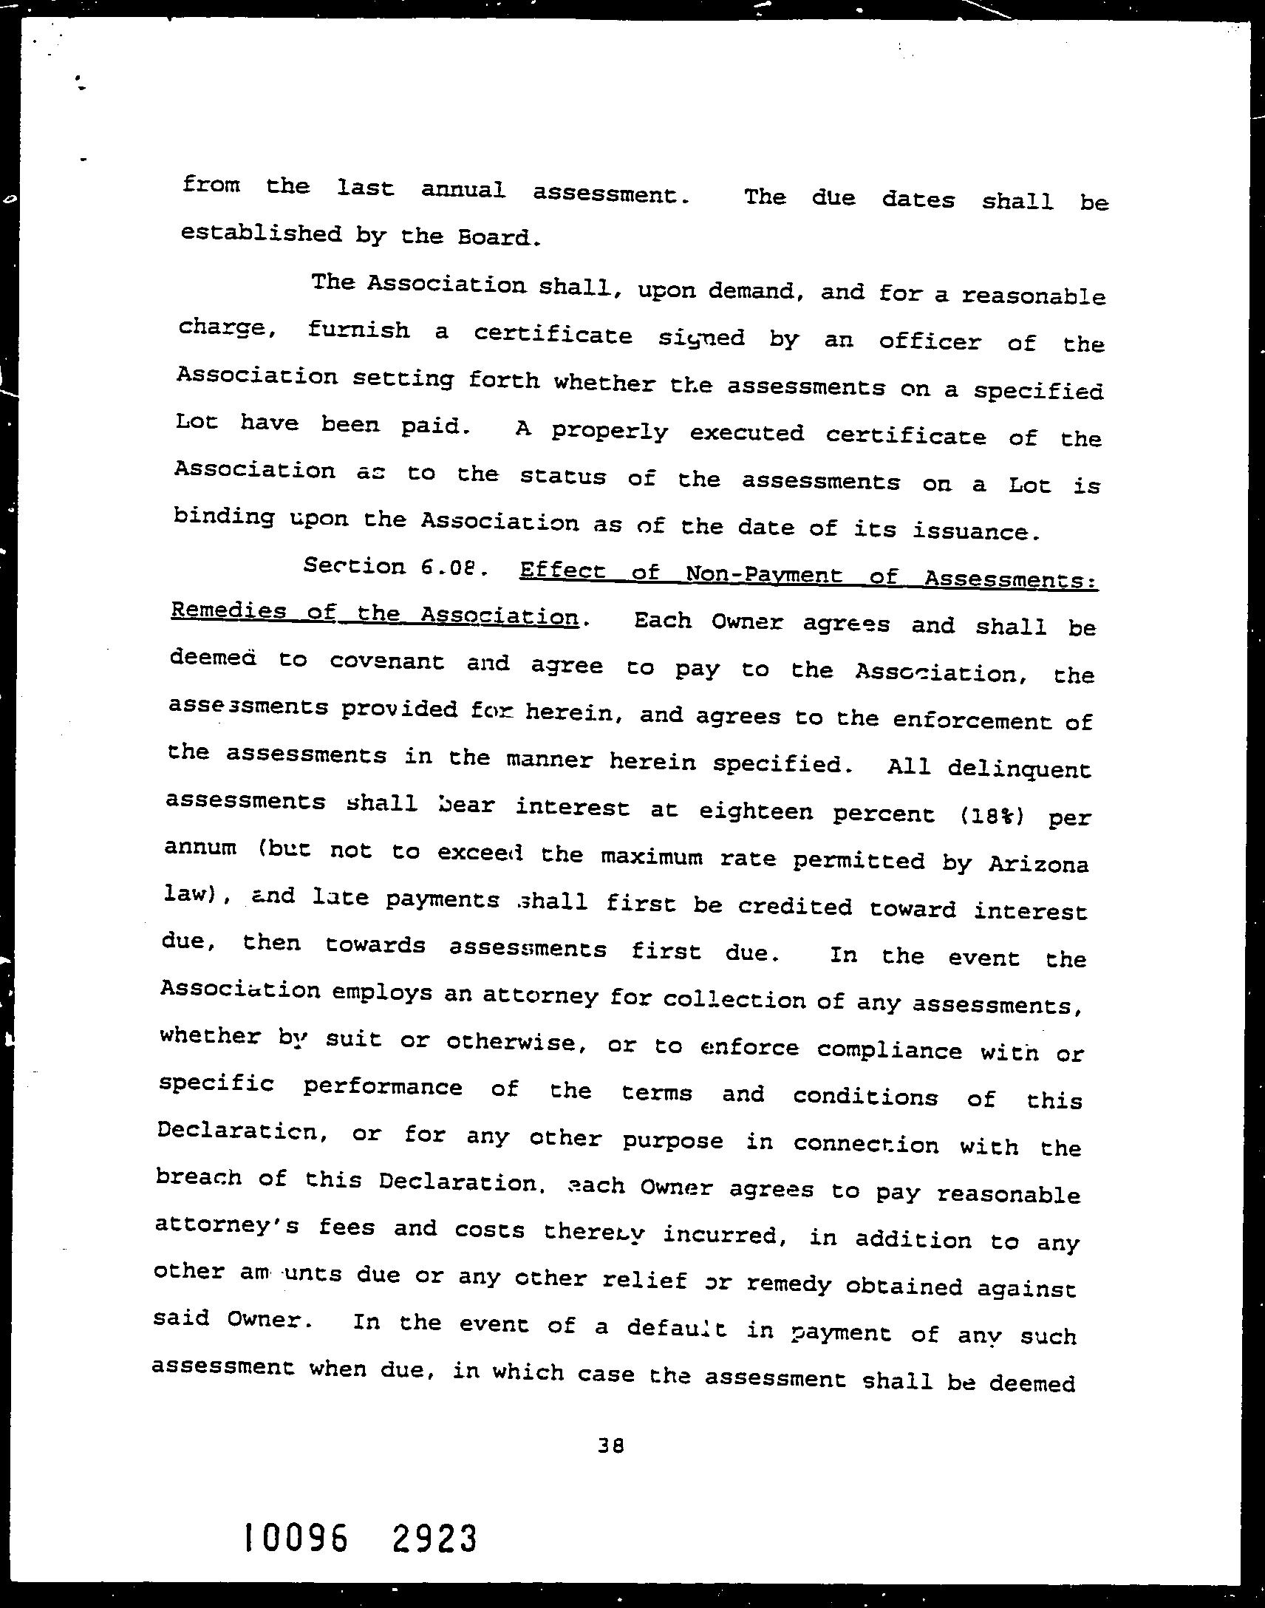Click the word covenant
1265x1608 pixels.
[386, 661]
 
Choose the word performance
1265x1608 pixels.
[382, 1087]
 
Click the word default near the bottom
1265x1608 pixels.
[676, 1327]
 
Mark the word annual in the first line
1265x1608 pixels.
[463, 191]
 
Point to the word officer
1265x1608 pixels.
[930, 341]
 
